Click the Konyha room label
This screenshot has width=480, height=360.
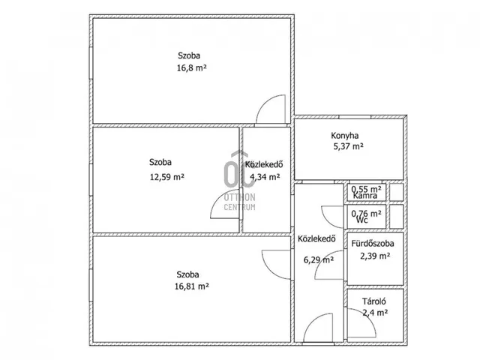(345, 136)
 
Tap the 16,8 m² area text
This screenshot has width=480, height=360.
(192, 67)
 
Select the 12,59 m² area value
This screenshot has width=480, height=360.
(166, 177)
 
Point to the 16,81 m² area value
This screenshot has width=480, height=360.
(192, 286)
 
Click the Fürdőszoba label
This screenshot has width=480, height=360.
(373, 244)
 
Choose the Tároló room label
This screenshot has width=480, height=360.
(374, 301)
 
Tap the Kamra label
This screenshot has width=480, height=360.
(365, 196)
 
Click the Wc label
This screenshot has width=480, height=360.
(362, 220)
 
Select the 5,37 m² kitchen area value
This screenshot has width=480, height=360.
(348, 146)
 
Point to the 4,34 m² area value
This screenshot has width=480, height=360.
(265, 177)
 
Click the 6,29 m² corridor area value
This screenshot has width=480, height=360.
(319, 260)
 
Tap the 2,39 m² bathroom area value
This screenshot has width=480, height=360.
(375, 256)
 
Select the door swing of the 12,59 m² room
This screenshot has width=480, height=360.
(218, 200)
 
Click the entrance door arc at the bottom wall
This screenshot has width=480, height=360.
(312, 321)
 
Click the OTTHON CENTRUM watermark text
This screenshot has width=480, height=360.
(240, 202)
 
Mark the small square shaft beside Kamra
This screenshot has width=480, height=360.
(397, 192)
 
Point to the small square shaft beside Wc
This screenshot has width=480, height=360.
(397, 217)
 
